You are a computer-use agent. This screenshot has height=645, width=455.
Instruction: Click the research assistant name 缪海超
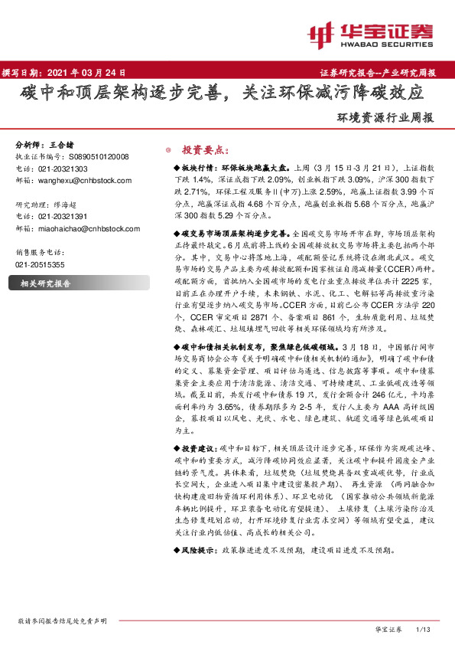point(68,205)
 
